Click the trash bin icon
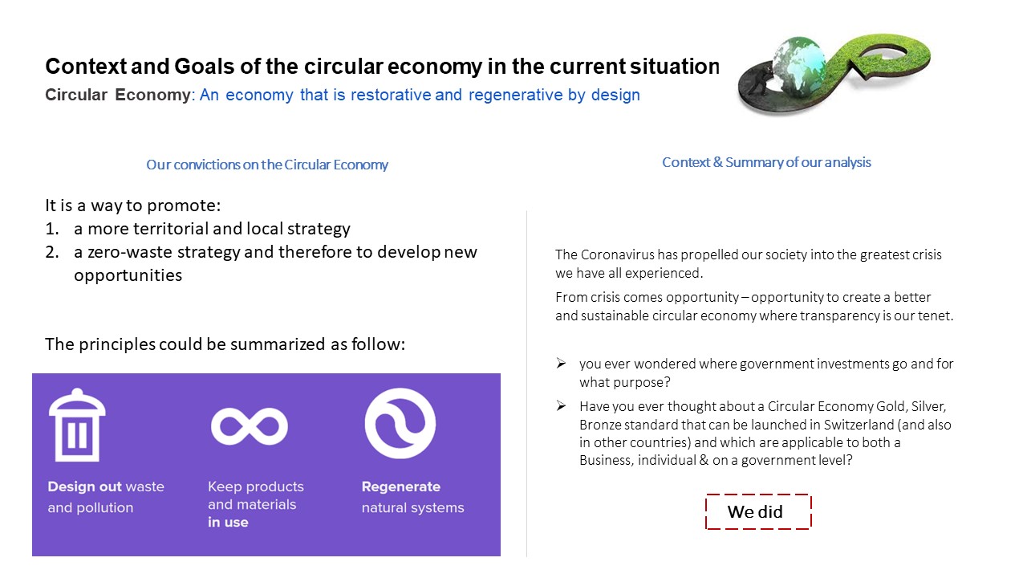click(x=77, y=425)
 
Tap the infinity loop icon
click(x=249, y=425)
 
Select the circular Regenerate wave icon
click(x=400, y=423)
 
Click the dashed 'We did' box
click(x=757, y=512)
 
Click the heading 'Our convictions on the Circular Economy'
click(x=266, y=165)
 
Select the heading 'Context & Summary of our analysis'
click(x=766, y=162)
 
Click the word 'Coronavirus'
click(x=615, y=254)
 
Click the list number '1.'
click(x=52, y=229)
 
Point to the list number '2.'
click(x=52, y=252)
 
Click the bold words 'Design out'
click(x=84, y=486)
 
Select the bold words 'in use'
click(x=228, y=522)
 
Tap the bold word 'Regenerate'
click(x=400, y=486)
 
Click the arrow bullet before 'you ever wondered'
click(x=562, y=364)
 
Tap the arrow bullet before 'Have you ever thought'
click(x=562, y=406)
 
